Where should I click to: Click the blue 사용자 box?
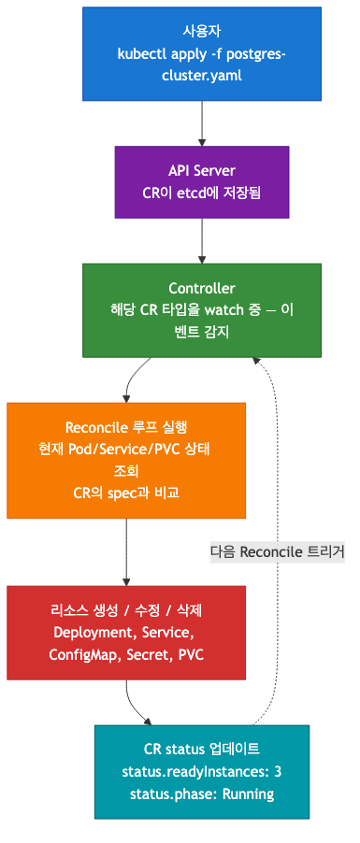pos(202,53)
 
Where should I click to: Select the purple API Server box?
pos(202,182)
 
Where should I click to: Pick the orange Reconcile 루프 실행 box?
pos(126,460)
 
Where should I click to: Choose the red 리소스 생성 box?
pos(126,632)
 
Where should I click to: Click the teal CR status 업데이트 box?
pos(202,771)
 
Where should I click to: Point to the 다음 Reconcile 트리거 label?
pos(278,551)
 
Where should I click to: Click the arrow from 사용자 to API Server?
pos(202,121)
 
